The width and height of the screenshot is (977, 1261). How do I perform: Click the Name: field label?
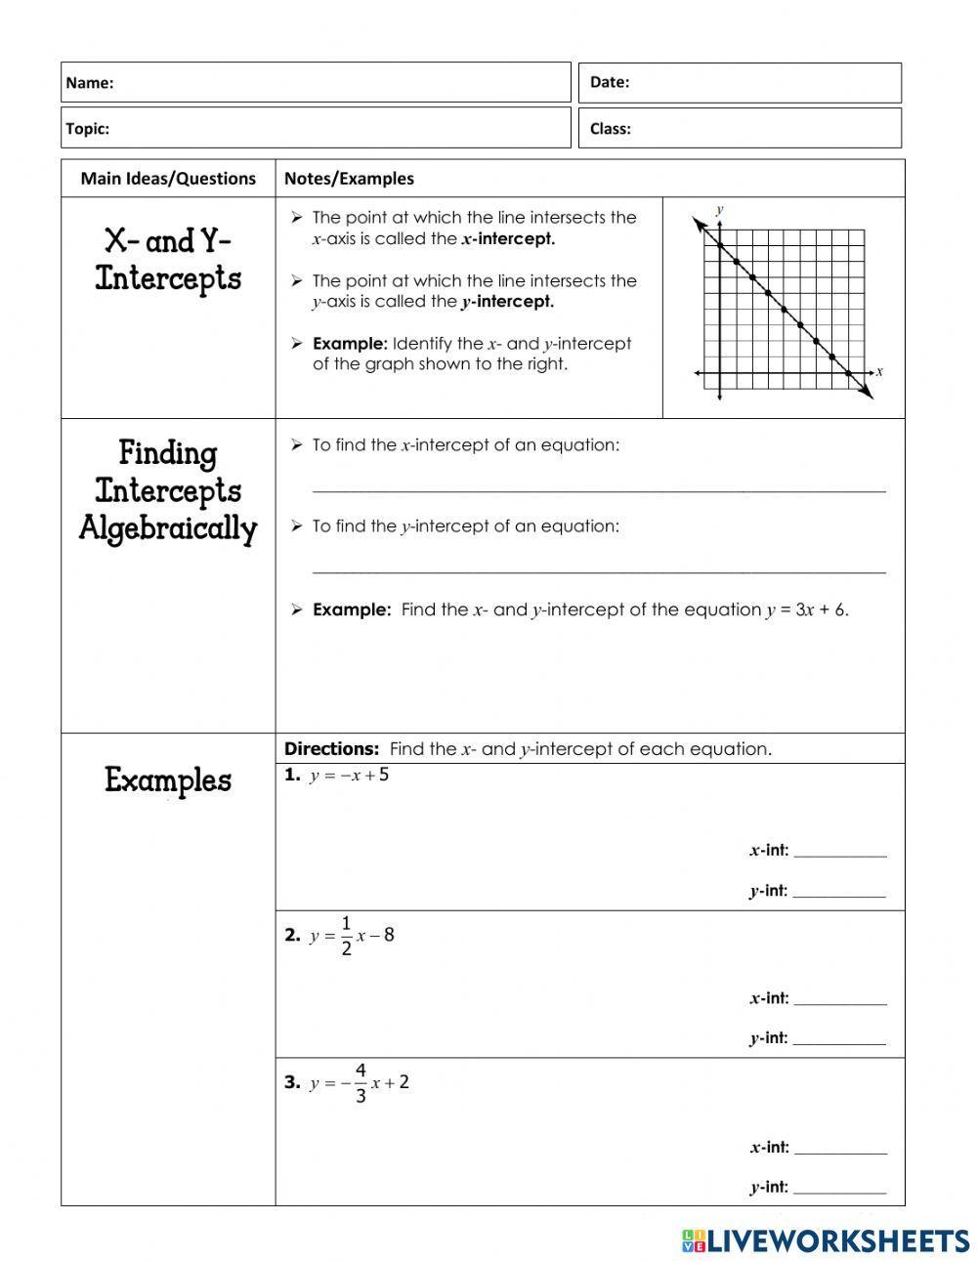coord(90,83)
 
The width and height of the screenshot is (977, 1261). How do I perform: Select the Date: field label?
coord(610,82)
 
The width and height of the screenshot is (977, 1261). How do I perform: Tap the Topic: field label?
coord(88,128)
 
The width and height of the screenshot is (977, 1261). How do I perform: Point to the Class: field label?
coord(611,128)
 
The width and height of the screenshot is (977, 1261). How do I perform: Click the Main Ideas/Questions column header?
coord(168,178)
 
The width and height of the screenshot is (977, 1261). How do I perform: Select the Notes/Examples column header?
coord(349,178)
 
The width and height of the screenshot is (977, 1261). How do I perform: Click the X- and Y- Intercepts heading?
coord(168,260)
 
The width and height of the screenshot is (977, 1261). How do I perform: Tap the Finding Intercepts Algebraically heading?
coord(168,491)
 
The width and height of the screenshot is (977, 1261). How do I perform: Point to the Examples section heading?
coord(168,780)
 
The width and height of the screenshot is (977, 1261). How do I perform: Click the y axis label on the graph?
coord(719,209)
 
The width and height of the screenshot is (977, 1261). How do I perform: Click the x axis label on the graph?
coord(879,371)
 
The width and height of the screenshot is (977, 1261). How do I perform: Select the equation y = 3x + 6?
coord(806,609)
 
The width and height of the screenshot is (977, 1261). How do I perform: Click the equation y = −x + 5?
coord(349,776)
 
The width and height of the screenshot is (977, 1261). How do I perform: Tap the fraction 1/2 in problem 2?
coord(346,935)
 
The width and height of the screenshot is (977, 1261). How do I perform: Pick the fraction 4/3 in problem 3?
coord(361,1083)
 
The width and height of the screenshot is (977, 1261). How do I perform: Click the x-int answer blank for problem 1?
coord(839,852)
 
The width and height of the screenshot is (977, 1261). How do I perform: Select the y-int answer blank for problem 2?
coord(839,1039)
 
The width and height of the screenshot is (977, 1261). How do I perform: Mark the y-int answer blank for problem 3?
coord(839,1189)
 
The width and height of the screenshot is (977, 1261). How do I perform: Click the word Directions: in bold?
coord(331,749)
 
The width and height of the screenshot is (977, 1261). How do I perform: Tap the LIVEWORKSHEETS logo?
coord(826,1240)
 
